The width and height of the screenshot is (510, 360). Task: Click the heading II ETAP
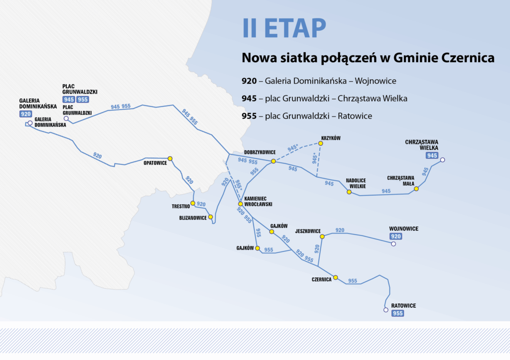[284, 28]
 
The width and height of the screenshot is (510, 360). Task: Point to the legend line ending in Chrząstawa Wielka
[324, 99]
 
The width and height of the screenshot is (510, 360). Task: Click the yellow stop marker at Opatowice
[170, 158]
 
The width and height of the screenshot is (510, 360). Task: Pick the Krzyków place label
[331, 138]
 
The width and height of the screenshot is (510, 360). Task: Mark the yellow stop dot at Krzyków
[321, 143]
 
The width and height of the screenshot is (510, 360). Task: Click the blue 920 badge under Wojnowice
[395, 237]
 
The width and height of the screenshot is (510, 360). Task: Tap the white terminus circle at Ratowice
[385, 310]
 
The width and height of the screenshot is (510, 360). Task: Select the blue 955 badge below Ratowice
[398, 313]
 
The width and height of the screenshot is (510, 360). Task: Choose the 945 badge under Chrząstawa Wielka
[432, 155]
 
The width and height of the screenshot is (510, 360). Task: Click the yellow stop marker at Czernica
[336, 277]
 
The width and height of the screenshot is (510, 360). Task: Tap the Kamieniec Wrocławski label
[258, 201]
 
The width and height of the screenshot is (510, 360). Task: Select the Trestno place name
[180, 206]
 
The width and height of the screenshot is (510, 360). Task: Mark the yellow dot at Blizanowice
[211, 217]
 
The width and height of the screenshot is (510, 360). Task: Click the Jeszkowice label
[307, 231]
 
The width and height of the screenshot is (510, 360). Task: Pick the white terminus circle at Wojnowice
[393, 244]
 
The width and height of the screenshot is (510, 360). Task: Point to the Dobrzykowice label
[259, 152]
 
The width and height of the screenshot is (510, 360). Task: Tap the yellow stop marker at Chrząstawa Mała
[416, 189]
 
